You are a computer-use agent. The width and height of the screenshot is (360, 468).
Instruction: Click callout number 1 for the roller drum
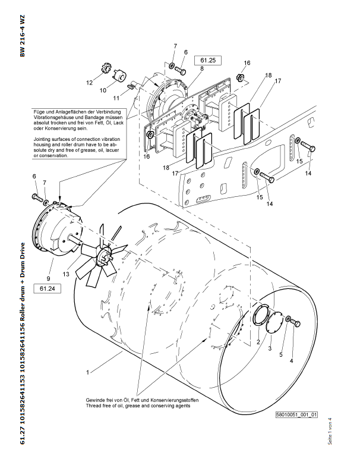[87, 373]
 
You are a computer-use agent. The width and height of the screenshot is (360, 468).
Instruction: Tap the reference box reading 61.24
[48, 288]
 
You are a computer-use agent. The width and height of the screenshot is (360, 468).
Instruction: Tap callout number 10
[103, 90]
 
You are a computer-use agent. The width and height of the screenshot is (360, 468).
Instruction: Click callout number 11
[117, 97]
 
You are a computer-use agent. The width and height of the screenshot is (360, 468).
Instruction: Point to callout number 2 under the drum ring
[258, 343]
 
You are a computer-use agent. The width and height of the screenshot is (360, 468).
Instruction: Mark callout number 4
[291, 360]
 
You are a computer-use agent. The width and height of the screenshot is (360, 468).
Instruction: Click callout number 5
[282, 354]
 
